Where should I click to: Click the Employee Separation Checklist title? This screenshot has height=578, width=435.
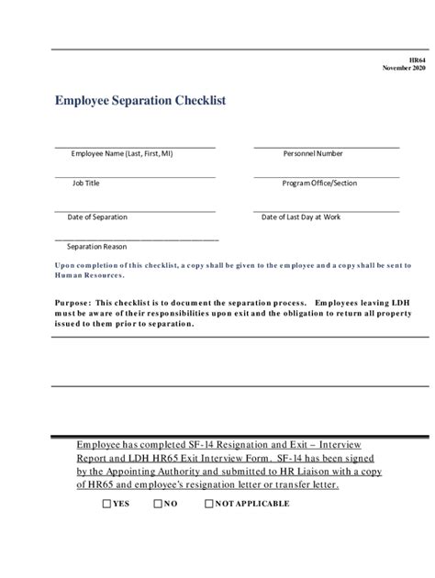pos(140,99)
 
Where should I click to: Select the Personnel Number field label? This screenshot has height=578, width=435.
pos(313,154)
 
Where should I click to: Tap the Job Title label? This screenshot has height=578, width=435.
pos(86,183)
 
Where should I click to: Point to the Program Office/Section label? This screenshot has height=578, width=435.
pos(319,183)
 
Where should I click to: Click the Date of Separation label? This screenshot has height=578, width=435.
pos(97,217)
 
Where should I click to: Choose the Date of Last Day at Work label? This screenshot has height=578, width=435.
pos(301,217)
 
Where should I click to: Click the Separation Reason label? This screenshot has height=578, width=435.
pos(97,247)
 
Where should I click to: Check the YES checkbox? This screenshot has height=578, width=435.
pos(106,504)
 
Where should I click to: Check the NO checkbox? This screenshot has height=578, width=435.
pos(158,504)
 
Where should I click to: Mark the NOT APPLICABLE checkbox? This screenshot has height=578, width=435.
pos(209,504)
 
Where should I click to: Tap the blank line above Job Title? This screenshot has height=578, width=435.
pos(135,176)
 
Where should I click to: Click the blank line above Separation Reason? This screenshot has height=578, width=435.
pos(138,239)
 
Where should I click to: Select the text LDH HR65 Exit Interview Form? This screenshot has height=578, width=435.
pos(183,457)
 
